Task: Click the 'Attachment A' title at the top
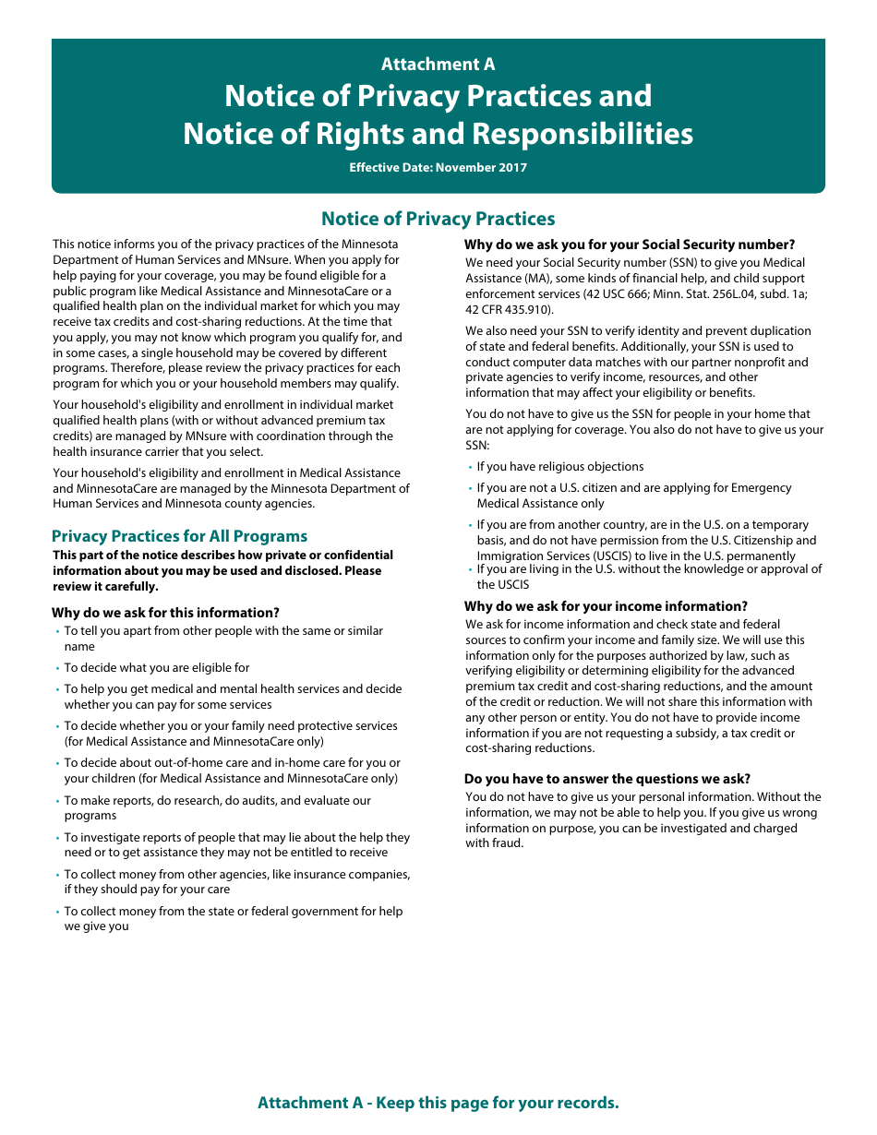(x=438, y=64)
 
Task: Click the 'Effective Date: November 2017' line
(x=438, y=168)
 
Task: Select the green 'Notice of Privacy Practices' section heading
(x=438, y=219)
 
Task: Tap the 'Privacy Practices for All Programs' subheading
(x=179, y=536)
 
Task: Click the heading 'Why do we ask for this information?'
(x=165, y=613)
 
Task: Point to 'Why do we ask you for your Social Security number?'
(x=629, y=245)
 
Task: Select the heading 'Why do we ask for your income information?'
(x=606, y=606)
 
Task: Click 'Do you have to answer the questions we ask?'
(x=607, y=779)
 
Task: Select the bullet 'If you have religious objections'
(x=559, y=467)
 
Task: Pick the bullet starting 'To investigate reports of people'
(x=236, y=838)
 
